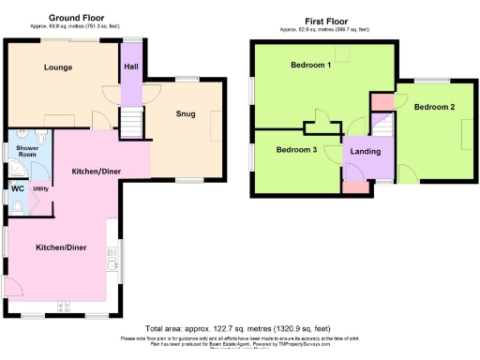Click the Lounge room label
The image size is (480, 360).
coord(58,67)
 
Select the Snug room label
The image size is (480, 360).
coord(185,114)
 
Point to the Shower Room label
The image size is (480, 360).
coord(22,153)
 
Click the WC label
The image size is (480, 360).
coord(17,188)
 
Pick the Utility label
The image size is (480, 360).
coord(40,188)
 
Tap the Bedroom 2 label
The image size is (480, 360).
coord(434,107)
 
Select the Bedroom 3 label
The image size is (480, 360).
coord(295,150)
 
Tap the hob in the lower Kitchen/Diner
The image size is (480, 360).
coord(65,306)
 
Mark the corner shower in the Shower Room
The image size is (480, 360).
coord(14,171)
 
